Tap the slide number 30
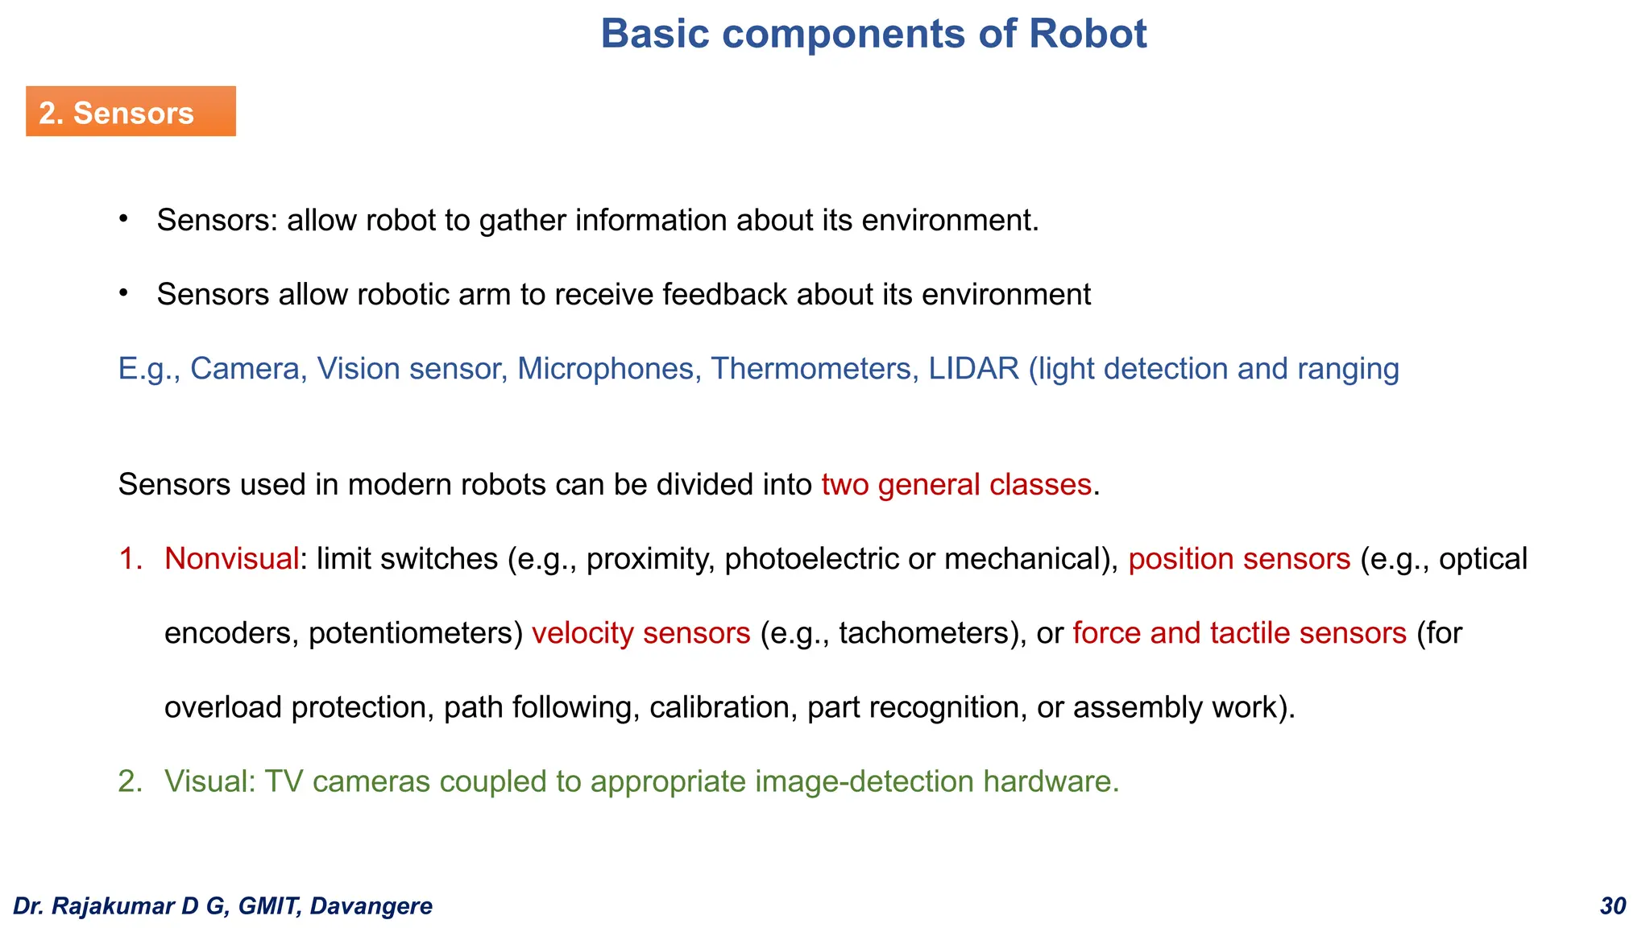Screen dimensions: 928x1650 [x=1613, y=906]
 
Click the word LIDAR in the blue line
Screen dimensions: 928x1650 [x=973, y=369]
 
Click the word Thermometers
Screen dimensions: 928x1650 [x=814, y=369]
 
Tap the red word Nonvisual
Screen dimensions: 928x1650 [x=232, y=559]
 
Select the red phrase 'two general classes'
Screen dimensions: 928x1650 [x=956, y=485]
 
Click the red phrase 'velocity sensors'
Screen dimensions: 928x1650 [x=641, y=633]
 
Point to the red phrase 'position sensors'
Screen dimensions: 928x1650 [x=1239, y=559]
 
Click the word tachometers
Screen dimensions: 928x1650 [x=924, y=633]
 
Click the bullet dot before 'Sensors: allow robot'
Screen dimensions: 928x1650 [x=123, y=218]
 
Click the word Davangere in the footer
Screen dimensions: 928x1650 [x=371, y=906]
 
